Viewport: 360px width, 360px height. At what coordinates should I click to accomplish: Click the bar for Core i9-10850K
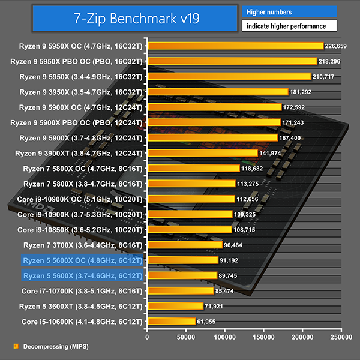[189, 229]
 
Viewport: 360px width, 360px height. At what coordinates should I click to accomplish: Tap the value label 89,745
[231, 275]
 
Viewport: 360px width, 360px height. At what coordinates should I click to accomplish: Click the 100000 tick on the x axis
[225, 337]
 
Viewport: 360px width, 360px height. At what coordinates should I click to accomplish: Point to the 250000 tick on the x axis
[341, 337]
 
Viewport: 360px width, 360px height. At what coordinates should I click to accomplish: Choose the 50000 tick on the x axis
[186, 337]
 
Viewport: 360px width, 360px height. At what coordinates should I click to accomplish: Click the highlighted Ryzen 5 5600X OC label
[83, 260]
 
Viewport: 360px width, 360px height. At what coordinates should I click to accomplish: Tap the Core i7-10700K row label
[82, 291]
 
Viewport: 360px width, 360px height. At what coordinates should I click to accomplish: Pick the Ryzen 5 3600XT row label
[83, 306]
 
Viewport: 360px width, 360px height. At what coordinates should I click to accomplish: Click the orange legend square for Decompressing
[16, 346]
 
